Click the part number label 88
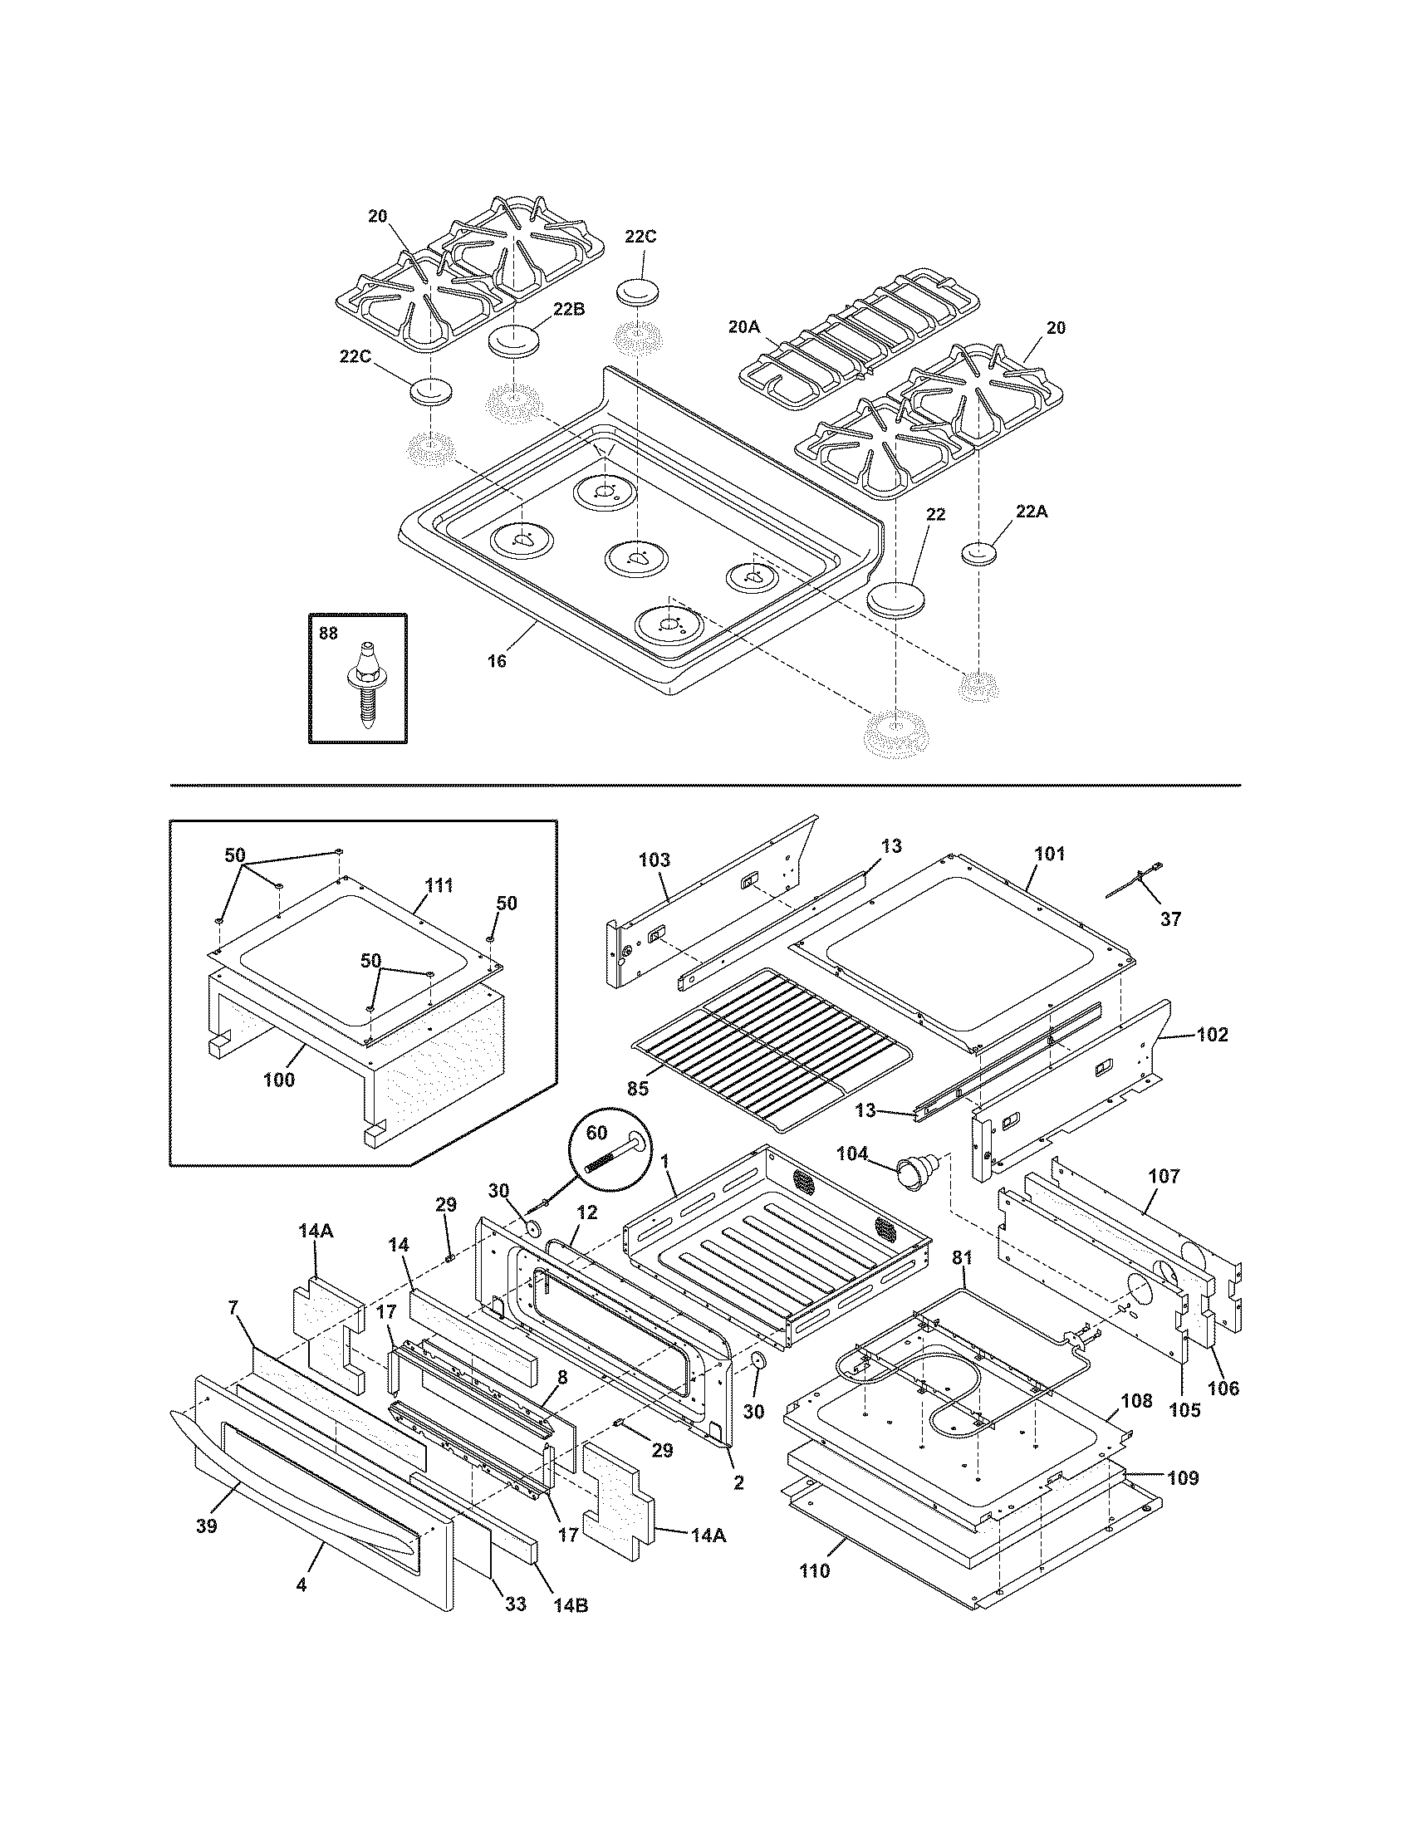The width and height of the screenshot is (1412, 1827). click(328, 634)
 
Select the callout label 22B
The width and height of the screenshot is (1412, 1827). click(568, 308)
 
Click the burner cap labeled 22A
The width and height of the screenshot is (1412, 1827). click(978, 554)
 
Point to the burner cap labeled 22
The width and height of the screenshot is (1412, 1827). click(894, 599)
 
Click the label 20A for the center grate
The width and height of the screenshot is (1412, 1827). click(743, 327)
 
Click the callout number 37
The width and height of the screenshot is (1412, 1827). click(1170, 918)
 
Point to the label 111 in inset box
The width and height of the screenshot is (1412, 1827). click(439, 886)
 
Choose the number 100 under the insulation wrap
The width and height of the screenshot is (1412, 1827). click(278, 1079)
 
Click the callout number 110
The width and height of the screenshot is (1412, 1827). click(815, 1570)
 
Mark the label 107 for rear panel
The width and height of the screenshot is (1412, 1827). click(1164, 1176)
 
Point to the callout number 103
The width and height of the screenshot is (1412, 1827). click(655, 860)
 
